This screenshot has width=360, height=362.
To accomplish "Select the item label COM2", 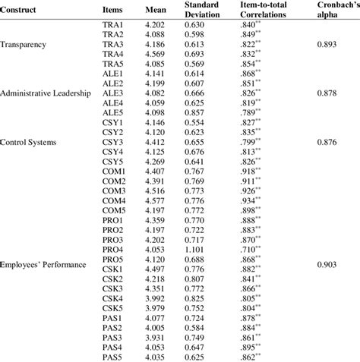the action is pyautogui.click(x=114, y=181).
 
